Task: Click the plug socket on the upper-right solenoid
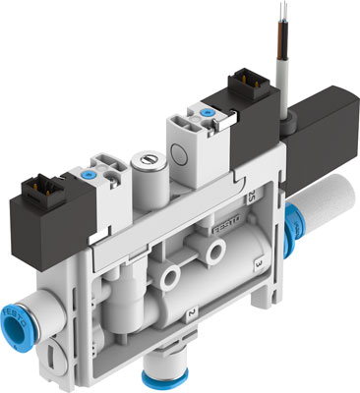click(243, 83)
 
